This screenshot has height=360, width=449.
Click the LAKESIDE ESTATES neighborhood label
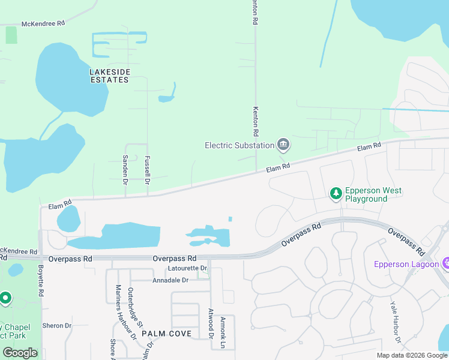[110, 76]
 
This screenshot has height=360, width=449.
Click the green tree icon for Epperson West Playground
[336, 193]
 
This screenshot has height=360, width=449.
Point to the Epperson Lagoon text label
[406, 264]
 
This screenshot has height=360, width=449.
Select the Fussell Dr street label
[147, 170]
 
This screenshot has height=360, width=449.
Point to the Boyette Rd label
[41, 281]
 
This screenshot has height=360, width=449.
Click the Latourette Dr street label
[188, 268]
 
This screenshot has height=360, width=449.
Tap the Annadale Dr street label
[170, 280]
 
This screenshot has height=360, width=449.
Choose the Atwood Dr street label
[211, 323]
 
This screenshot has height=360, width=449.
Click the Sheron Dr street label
[57, 326]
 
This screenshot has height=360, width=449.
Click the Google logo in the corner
[20, 352]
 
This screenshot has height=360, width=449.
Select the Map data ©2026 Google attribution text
[412, 356]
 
